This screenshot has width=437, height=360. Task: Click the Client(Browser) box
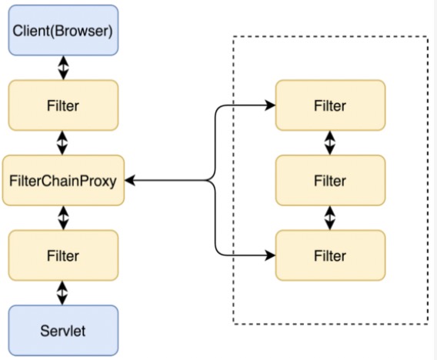(63, 30)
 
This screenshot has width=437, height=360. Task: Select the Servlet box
(63, 331)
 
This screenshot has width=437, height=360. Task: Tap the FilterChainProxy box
(63, 180)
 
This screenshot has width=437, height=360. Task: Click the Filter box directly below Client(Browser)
(63, 105)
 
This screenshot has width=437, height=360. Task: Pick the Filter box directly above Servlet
(63, 255)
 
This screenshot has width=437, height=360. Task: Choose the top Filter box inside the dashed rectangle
(331, 105)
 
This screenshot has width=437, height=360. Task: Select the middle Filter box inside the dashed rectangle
(331, 180)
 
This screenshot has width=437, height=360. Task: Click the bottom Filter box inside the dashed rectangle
(331, 255)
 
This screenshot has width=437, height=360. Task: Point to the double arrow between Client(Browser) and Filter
(63, 68)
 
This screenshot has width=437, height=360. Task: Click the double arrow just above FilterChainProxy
(62, 143)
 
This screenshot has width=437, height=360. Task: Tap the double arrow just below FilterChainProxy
(63, 218)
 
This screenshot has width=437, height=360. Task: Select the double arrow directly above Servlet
(62, 293)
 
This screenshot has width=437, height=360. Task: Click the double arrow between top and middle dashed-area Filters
(330, 143)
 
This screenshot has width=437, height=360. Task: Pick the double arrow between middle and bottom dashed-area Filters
(330, 218)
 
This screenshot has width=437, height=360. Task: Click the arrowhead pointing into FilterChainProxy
(130, 180)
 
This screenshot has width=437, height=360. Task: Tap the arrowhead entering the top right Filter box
(270, 105)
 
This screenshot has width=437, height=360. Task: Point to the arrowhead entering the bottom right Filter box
(270, 255)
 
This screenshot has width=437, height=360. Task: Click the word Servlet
(63, 331)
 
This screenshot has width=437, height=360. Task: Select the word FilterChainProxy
(63, 181)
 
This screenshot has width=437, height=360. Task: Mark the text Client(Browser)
(63, 31)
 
